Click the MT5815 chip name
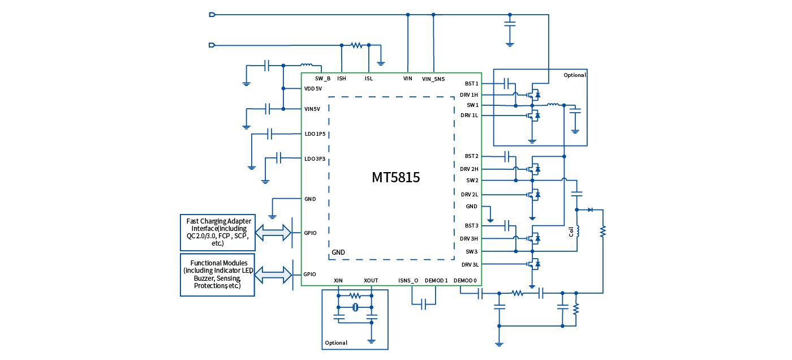(x=395, y=177)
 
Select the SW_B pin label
(x=322, y=79)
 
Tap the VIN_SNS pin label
(x=433, y=79)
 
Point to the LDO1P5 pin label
(x=315, y=134)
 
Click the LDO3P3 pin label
(x=315, y=158)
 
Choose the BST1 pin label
(x=471, y=83)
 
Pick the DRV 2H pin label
(x=469, y=169)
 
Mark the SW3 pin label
(x=472, y=251)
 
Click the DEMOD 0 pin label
(x=466, y=280)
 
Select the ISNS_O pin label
(x=408, y=280)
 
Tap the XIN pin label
(x=338, y=280)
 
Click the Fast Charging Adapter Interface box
(x=217, y=232)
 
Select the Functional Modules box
(x=217, y=275)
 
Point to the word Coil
(x=571, y=232)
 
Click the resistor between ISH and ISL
(x=356, y=45)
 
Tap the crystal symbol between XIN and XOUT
(x=355, y=307)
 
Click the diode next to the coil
(x=590, y=209)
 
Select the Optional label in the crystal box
(x=336, y=342)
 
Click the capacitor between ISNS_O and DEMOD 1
(x=424, y=305)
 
